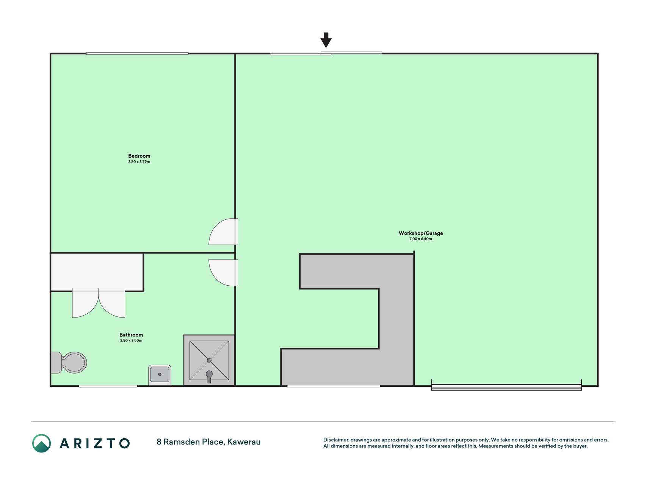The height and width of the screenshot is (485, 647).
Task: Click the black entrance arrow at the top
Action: pyautogui.click(x=326, y=40)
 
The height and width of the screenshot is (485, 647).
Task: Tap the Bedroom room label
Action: pyautogui.click(x=139, y=156)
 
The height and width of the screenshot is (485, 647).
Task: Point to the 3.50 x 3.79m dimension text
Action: pyautogui.click(x=139, y=162)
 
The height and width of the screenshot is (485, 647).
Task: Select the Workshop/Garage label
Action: pyautogui.click(x=421, y=233)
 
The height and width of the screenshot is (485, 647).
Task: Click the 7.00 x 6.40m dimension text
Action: pyautogui.click(x=421, y=239)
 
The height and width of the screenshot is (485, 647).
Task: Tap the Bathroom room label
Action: pyautogui.click(x=131, y=335)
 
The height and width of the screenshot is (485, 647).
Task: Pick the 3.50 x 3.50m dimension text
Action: pyautogui.click(x=131, y=341)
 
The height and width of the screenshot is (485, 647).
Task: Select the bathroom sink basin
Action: pyautogui.click(x=160, y=375)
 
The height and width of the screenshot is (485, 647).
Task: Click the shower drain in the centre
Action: pyautogui.click(x=209, y=360)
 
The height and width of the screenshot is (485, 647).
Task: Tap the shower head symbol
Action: pyautogui.click(x=209, y=376)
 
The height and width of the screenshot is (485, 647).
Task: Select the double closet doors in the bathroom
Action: pyautogui.click(x=99, y=303)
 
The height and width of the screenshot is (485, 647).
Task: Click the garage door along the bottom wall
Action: pyautogui.click(x=506, y=387)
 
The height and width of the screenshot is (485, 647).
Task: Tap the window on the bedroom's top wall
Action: pyautogui.click(x=137, y=53)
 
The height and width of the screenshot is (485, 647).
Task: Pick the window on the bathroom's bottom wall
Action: pyautogui.click(x=108, y=386)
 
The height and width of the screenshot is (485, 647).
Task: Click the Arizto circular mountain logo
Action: pyautogui.click(x=41, y=443)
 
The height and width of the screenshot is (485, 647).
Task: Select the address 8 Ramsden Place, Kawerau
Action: pyautogui.click(x=208, y=442)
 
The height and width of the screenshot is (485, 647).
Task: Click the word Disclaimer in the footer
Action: pyautogui.click(x=336, y=440)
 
